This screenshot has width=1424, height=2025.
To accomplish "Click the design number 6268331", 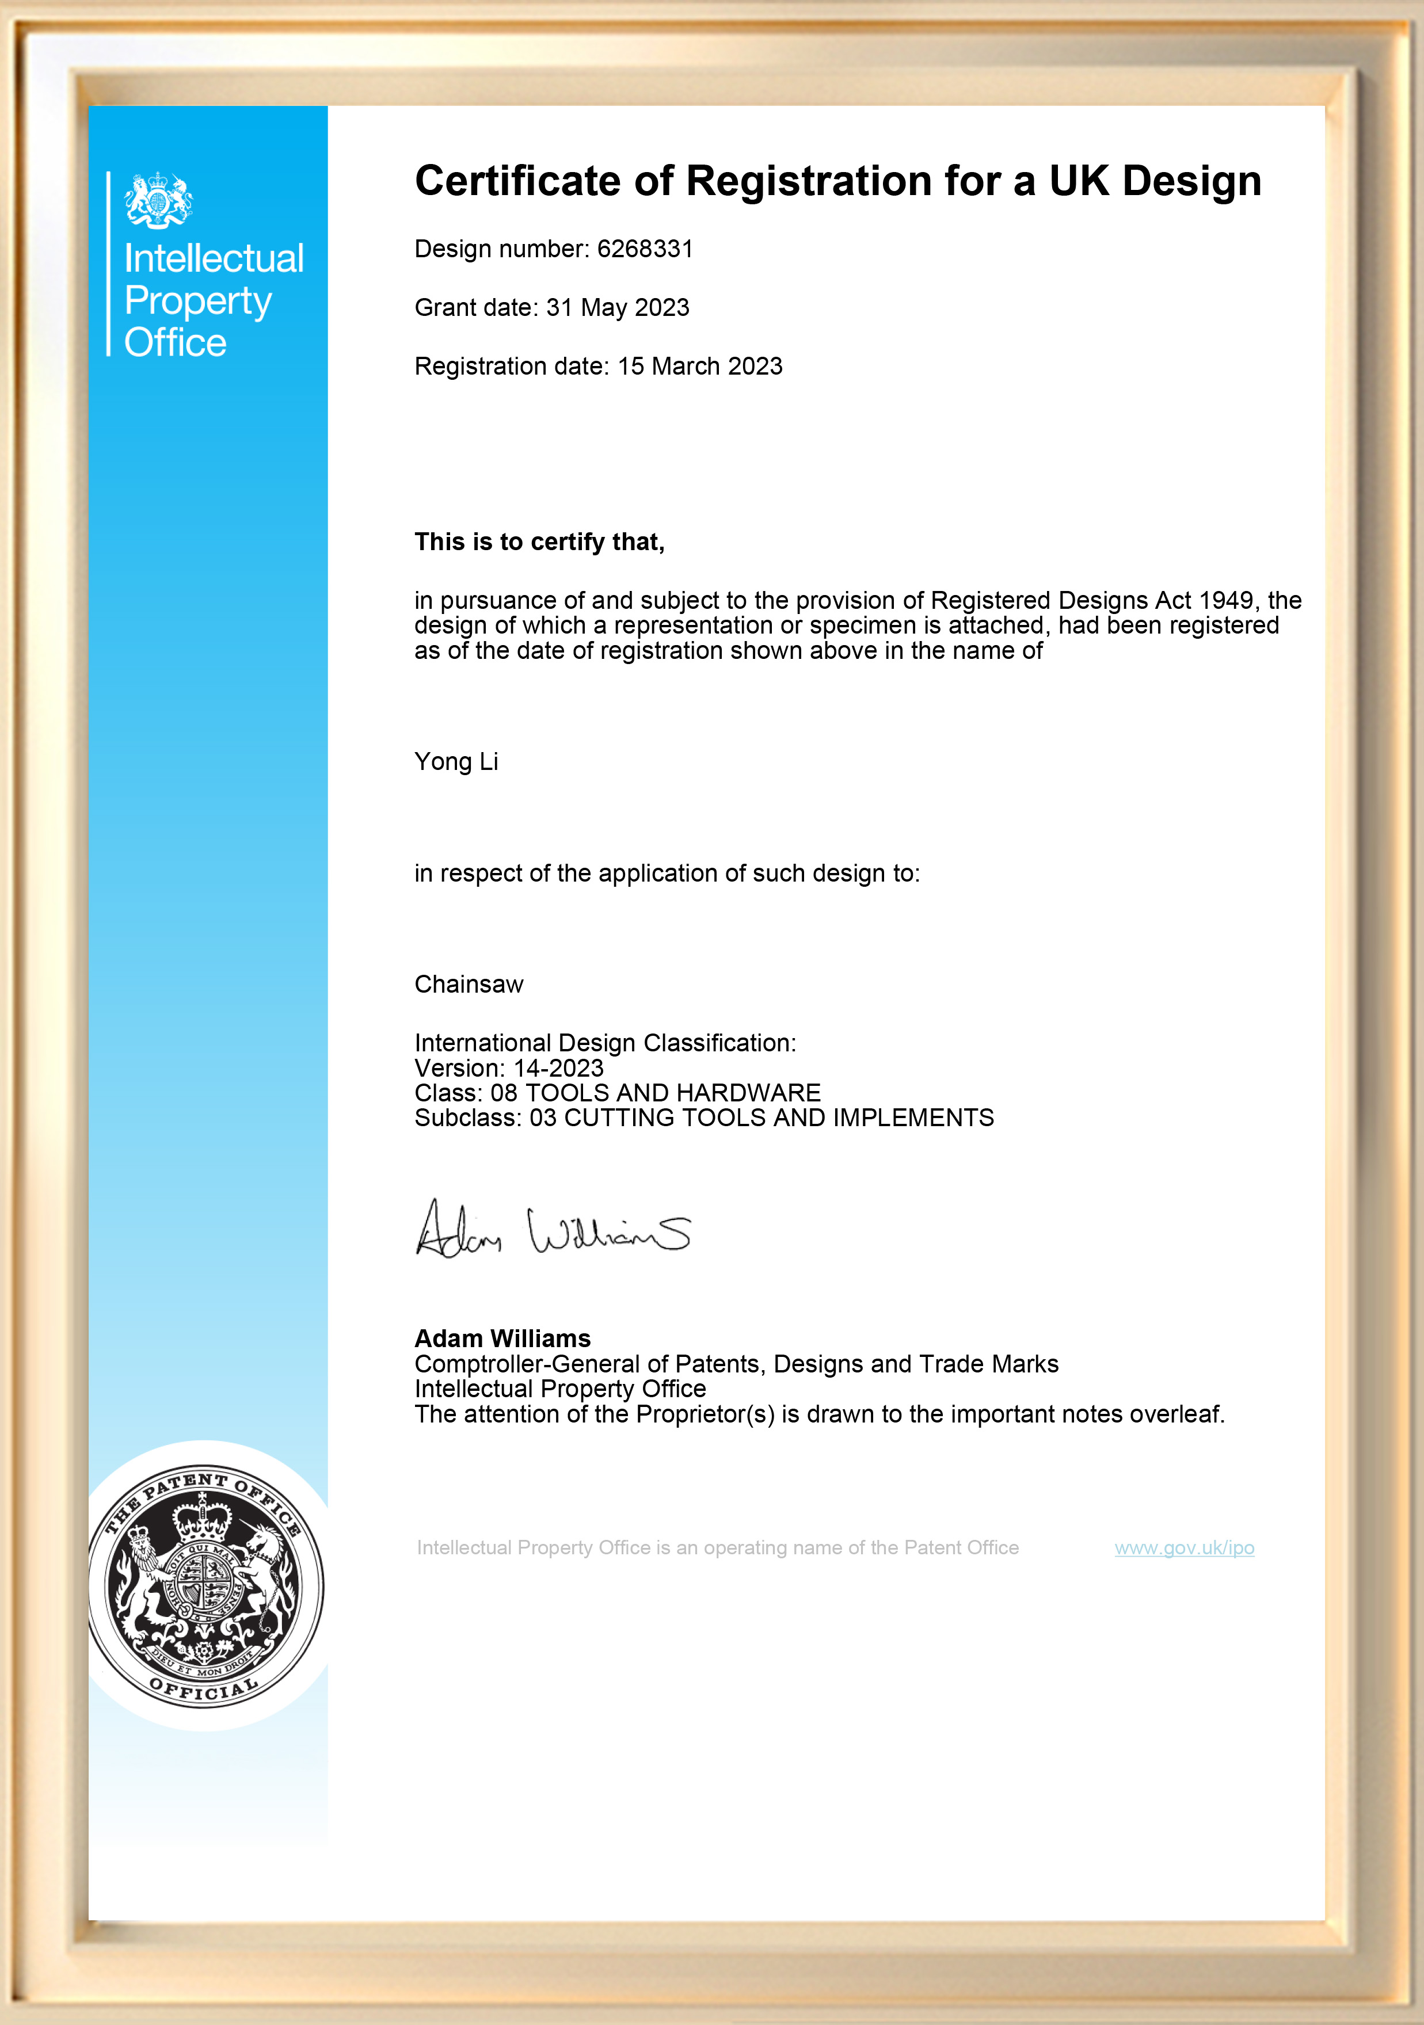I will pyautogui.click(x=645, y=250).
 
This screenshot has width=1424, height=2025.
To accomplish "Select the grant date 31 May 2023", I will pyautogui.click(x=618, y=308).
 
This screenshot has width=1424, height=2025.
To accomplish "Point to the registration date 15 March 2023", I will pyautogui.click(x=700, y=366).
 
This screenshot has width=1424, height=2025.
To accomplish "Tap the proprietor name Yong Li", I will pyautogui.click(x=456, y=761).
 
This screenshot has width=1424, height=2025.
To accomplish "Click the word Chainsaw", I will pyautogui.click(x=469, y=984).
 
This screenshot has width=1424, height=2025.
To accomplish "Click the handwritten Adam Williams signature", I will pyautogui.click(x=553, y=1229).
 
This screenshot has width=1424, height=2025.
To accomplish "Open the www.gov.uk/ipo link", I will pyautogui.click(x=1184, y=1548).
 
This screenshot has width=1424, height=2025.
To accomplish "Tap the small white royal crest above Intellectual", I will pyautogui.click(x=159, y=200).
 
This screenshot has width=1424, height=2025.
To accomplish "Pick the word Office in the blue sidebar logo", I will pyautogui.click(x=175, y=342).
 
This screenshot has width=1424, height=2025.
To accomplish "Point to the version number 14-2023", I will pyautogui.click(x=558, y=1068).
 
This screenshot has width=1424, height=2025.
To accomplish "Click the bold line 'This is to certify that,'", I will pyautogui.click(x=539, y=541).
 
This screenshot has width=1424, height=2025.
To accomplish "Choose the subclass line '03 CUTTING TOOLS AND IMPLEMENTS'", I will pyautogui.click(x=762, y=1118).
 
